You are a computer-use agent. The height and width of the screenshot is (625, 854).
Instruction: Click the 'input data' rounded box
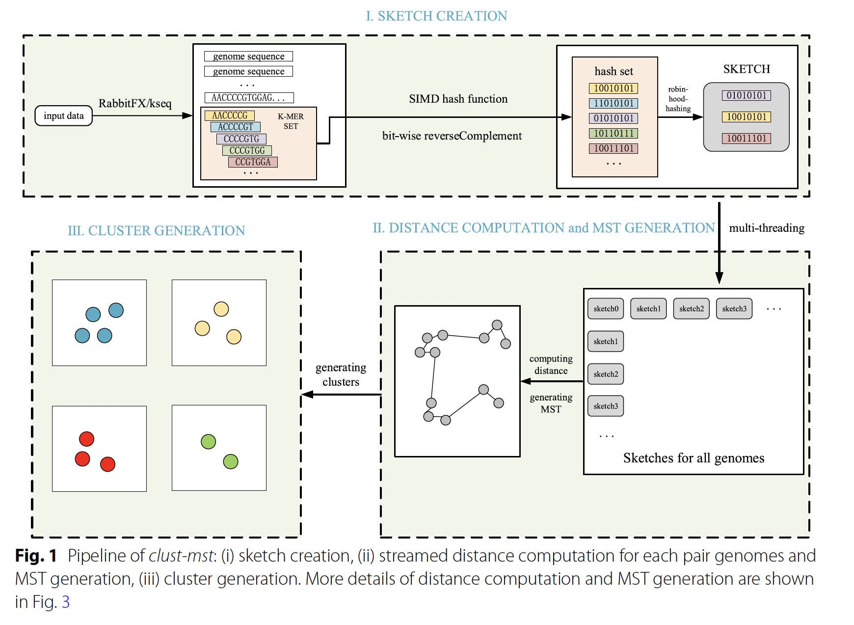click(63, 116)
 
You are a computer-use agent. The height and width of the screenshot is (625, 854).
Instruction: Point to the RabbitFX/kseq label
click(135, 104)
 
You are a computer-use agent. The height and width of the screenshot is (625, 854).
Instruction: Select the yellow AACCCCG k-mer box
click(230, 115)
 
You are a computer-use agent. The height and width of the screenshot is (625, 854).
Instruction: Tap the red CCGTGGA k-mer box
click(253, 162)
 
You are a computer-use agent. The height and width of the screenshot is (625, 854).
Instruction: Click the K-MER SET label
click(291, 121)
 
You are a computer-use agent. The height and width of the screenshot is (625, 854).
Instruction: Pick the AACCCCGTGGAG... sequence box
click(249, 98)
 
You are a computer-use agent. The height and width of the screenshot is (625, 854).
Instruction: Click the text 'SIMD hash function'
click(458, 99)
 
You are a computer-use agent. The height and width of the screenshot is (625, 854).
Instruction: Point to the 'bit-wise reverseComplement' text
click(452, 136)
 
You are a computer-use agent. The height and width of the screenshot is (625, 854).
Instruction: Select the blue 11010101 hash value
click(614, 103)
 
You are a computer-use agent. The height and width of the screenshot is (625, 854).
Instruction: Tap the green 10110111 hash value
click(614, 133)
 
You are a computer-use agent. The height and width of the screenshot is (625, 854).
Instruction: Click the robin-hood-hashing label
click(678, 99)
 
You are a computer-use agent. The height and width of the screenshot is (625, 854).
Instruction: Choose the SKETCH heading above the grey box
click(747, 69)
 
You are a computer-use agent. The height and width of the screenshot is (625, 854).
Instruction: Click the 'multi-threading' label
click(767, 228)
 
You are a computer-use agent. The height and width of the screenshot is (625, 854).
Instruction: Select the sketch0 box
click(606, 309)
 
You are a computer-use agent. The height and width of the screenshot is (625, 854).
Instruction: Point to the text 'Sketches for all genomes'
click(694, 458)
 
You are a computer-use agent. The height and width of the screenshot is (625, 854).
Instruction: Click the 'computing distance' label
click(551, 365)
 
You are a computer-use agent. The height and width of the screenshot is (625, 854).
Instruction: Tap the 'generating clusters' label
click(341, 374)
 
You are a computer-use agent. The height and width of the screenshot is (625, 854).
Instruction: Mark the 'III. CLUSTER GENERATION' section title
click(156, 230)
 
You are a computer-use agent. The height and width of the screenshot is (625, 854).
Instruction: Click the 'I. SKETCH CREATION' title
click(436, 16)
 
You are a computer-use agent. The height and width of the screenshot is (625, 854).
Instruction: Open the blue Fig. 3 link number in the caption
click(65, 602)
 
